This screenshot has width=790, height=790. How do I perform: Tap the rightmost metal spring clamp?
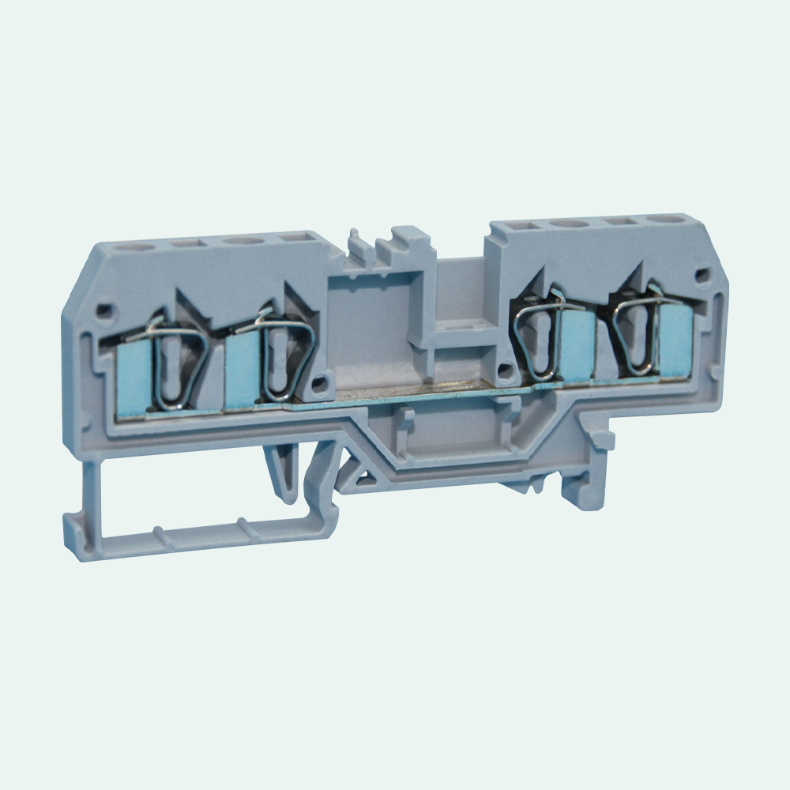pos(635,337)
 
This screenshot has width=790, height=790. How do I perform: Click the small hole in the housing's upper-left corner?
pos(102,309)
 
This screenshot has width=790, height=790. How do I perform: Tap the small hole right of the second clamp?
pos(319,386)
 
